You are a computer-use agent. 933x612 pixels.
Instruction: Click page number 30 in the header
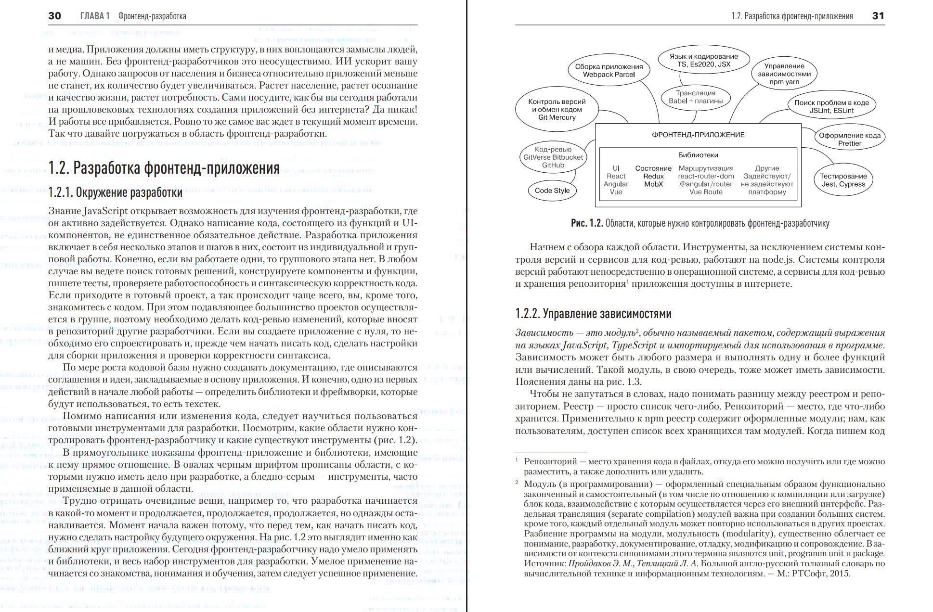coord(54,16)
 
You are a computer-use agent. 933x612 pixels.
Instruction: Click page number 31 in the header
coord(878,16)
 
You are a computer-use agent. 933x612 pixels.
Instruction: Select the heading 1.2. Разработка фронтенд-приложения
coord(164,168)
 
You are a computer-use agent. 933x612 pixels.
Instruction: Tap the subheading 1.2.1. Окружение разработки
coord(115,192)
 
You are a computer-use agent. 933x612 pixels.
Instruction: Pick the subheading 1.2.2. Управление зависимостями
coord(593,314)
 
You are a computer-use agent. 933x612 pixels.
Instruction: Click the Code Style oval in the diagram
coord(552,191)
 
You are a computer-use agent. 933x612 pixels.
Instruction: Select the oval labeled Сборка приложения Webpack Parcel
coord(609,71)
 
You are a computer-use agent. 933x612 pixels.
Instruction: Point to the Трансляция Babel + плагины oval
coord(695,97)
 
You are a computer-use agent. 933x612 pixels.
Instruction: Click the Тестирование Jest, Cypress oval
coord(843,180)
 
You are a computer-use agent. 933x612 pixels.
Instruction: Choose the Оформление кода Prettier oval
coord(849,139)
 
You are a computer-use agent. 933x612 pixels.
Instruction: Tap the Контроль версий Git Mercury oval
coord(557,110)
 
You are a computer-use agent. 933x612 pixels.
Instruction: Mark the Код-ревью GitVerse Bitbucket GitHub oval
coord(553,157)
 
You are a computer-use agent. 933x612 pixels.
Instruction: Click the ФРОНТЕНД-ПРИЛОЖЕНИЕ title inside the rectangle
coord(698,135)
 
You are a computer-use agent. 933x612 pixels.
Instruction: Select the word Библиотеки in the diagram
coord(698,155)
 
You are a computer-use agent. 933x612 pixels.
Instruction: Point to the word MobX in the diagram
coord(653,184)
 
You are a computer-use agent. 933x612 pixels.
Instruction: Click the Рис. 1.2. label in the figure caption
coord(586,223)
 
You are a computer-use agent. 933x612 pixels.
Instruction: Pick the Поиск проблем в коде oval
coord(831,106)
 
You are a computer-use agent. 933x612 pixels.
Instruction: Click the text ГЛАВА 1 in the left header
coord(95,16)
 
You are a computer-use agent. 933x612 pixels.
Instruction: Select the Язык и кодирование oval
coord(703,60)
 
